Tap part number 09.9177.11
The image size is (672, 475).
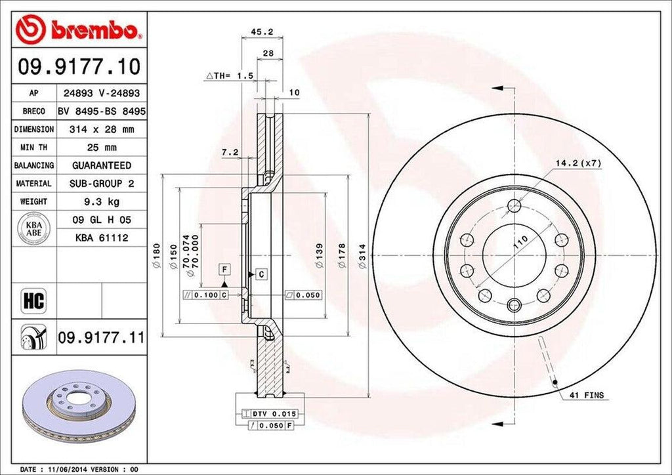point(101,338)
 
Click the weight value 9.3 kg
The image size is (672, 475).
point(101,201)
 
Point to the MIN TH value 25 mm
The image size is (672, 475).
point(101,148)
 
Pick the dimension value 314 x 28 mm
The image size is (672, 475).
point(101,130)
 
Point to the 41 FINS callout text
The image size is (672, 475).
point(586,396)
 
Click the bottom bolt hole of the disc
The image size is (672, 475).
point(514,304)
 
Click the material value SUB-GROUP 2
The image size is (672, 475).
point(101,184)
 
